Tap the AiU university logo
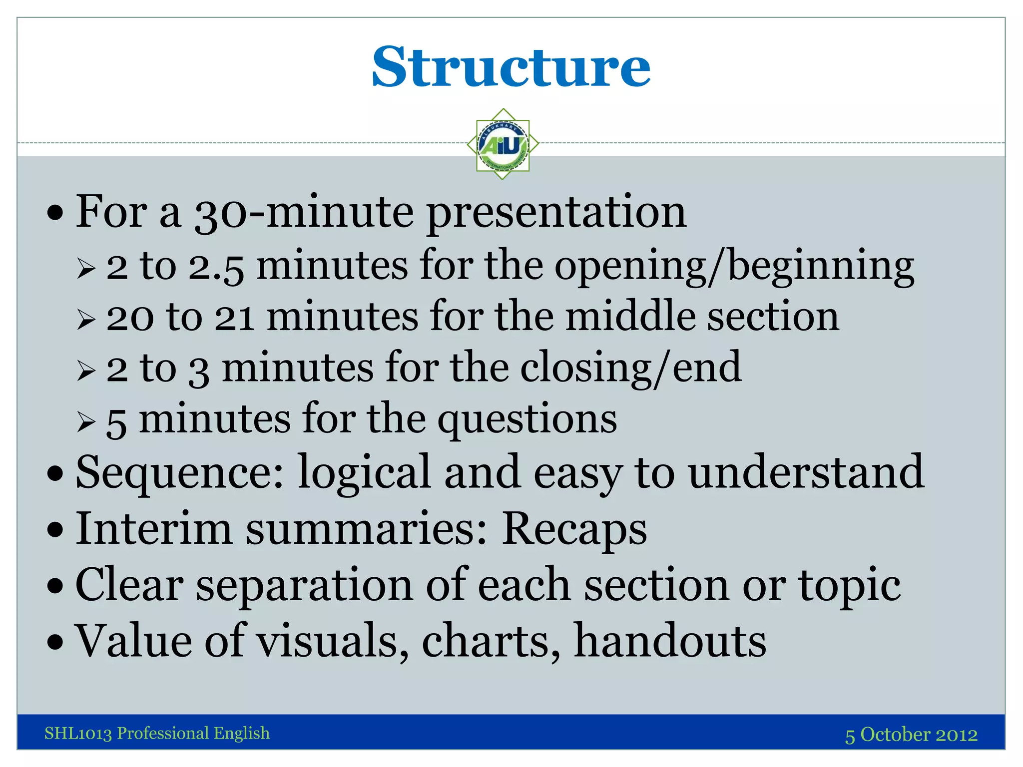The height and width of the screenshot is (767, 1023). point(503,144)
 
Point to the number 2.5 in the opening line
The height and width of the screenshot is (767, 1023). point(216,267)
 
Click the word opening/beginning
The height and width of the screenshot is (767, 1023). point(734,267)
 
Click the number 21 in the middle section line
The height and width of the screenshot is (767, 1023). point(234,319)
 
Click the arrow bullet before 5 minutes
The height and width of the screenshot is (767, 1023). point(86,422)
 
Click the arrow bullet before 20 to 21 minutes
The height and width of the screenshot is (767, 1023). point(86,320)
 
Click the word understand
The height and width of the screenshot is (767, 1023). point(806,472)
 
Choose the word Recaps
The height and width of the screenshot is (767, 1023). point(574,529)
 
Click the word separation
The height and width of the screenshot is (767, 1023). point(304,585)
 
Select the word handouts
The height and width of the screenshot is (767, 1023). point(670,641)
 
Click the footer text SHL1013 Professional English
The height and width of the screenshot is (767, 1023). point(157,733)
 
